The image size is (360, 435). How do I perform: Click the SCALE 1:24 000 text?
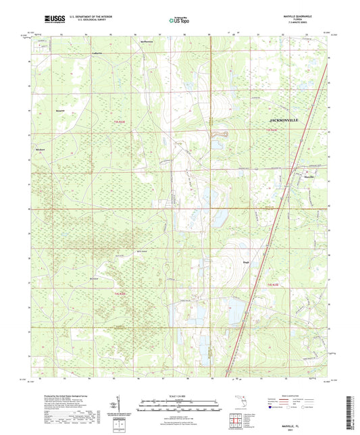[x=179, y=396]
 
